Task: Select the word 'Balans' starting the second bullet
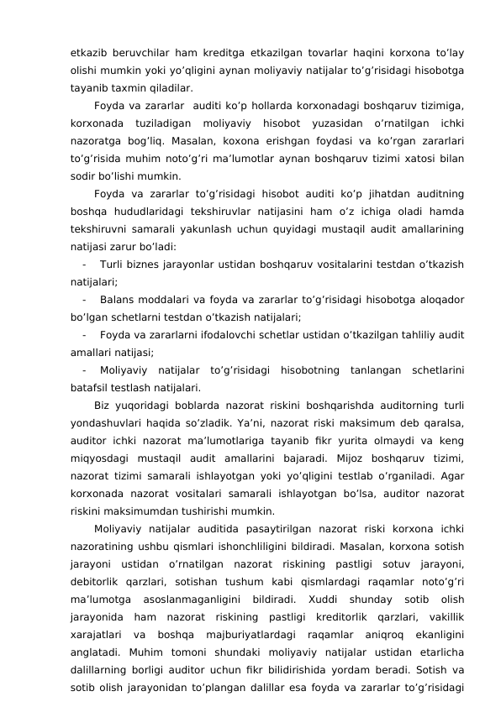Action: tap(116, 300)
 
